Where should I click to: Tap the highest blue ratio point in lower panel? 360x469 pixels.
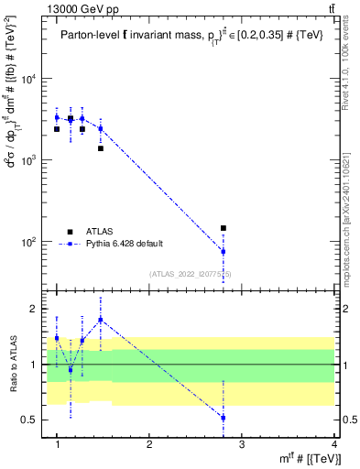click(101, 320)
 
